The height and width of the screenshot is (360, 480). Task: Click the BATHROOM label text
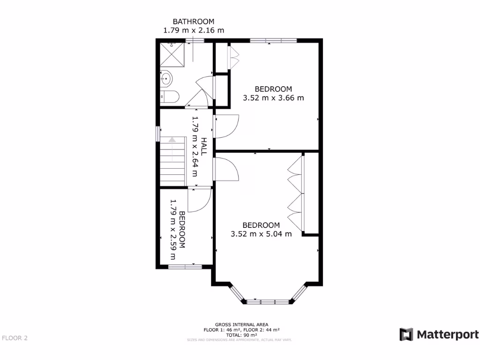194,22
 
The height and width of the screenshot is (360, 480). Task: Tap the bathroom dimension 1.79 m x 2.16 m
194,30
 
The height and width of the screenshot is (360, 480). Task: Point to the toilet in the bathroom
170,97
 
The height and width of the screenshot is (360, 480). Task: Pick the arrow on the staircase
172,140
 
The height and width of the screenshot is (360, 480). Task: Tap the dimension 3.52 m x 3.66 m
273,98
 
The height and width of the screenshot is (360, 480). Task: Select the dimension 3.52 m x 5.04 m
261,234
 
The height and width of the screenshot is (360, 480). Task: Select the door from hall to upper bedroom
227,126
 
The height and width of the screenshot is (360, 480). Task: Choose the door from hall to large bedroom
227,169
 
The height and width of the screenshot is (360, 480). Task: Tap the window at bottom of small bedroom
185,267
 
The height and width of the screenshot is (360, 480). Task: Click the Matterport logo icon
406,334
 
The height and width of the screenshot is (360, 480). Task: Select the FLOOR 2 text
15,337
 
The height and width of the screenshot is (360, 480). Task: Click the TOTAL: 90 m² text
242,335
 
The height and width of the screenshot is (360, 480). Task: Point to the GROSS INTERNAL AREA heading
242,324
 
